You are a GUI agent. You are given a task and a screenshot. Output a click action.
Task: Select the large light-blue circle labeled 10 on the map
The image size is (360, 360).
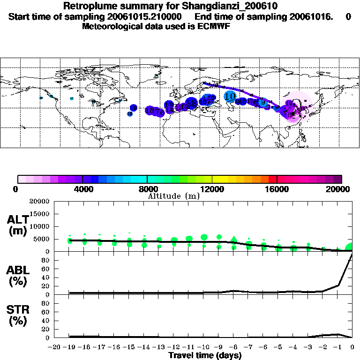tap(230, 97)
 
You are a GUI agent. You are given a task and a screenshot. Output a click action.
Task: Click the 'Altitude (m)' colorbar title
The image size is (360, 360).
tap(173, 195)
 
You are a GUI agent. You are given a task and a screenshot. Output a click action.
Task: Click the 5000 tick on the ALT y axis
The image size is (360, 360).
tap(41, 239)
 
